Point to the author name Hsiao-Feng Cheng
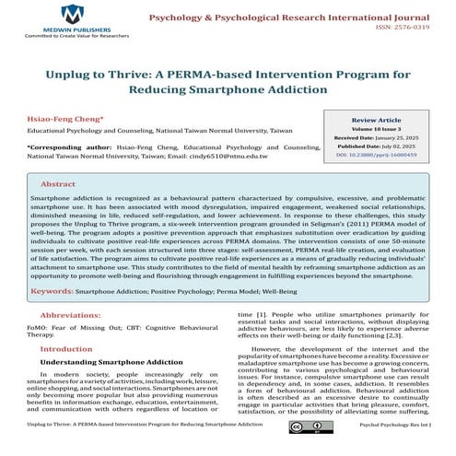[52, 118]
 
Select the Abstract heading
[58, 183]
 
